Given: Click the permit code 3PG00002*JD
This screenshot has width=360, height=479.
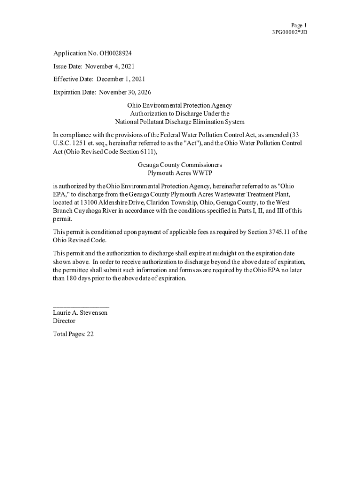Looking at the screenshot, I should [289, 32].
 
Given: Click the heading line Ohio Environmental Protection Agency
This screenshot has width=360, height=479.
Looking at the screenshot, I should [180, 106].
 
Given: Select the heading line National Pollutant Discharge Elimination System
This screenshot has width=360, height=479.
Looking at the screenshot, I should [180, 122].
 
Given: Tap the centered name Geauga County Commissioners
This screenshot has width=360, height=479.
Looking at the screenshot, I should [180, 165].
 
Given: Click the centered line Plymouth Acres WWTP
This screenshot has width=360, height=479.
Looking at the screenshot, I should [180, 173].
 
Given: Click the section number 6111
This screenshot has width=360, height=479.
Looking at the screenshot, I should [142, 152].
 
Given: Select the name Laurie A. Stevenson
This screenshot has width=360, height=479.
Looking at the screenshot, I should [80, 312].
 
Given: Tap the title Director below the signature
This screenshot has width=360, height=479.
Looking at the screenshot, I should [64, 321].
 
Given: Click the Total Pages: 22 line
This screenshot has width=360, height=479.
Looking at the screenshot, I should [73, 334].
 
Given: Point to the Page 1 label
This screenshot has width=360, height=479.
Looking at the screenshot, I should [299, 25].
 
